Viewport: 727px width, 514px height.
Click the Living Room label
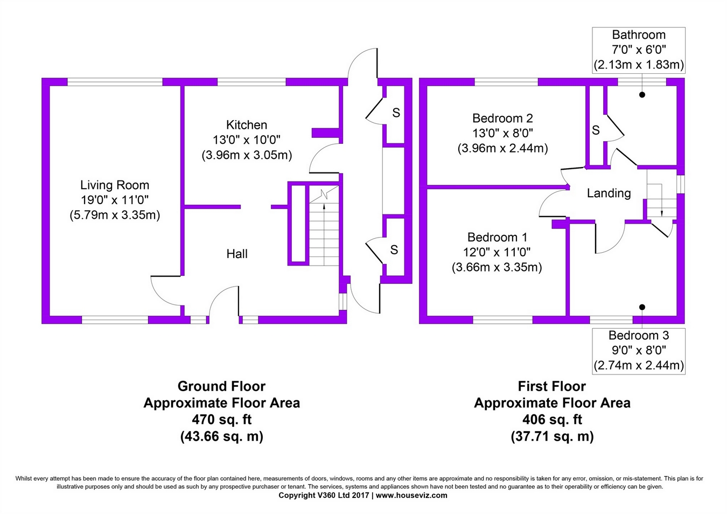114,185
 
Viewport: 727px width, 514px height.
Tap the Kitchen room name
247,125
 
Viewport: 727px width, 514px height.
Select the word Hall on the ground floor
237,254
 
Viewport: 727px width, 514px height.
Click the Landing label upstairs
609,193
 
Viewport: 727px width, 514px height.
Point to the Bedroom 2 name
502,119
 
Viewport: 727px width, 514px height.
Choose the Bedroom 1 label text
497,237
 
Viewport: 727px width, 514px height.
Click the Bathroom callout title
639,35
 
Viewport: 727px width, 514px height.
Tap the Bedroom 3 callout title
639,336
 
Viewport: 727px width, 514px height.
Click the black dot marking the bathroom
642,95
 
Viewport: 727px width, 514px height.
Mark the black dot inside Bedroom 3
642,307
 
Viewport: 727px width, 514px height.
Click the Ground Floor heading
221,386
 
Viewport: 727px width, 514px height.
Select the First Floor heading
551,386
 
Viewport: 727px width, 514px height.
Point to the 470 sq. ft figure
221,419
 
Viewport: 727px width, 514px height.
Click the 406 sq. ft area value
551,419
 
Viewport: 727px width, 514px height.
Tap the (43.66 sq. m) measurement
221,436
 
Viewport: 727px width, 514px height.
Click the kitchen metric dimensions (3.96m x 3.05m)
247,155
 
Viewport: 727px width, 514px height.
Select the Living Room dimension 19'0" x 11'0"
114,200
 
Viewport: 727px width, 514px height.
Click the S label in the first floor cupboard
596,130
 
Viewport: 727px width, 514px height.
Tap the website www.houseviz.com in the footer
411,496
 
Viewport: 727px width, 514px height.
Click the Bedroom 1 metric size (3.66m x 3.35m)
497,267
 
